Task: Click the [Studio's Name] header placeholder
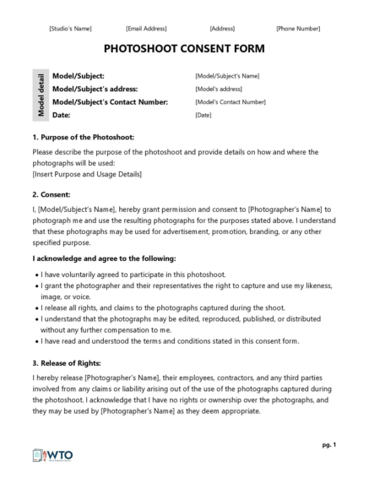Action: pyautogui.click(x=70, y=29)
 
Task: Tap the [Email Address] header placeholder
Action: pyautogui.click(x=146, y=29)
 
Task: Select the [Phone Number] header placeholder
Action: pyautogui.click(x=298, y=29)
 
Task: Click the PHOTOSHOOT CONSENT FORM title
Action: pyautogui.click(x=184, y=49)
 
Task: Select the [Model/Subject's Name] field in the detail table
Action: pyautogui.click(x=227, y=76)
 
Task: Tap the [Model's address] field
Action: pyautogui.click(x=218, y=89)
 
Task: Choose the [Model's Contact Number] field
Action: pyautogui.click(x=230, y=101)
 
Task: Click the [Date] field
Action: pyautogui.click(x=203, y=114)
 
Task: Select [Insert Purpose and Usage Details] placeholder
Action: pyautogui.click(x=87, y=174)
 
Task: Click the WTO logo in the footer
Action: pyautogui.click(x=53, y=455)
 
